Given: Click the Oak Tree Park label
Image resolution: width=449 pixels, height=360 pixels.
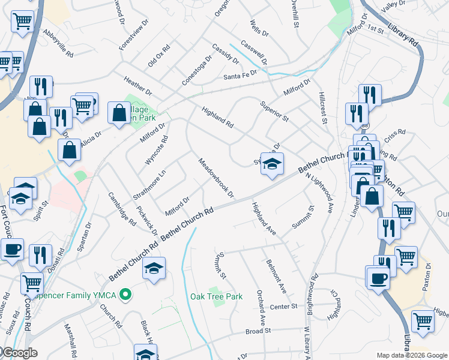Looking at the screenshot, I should pyautogui.click(x=216, y=296).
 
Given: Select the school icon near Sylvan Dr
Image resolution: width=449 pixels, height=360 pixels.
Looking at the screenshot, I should pyautogui.click(x=272, y=163).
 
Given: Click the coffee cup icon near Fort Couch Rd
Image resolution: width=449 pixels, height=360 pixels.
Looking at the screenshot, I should pyautogui.click(x=12, y=249).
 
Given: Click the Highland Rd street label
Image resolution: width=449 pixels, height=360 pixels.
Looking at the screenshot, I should pyautogui.click(x=217, y=118).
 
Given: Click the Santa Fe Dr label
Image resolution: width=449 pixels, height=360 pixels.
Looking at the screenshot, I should pyautogui.click(x=240, y=76).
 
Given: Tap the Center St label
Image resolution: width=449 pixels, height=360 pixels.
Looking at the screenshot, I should pyautogui.click(x=283, y=307).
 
